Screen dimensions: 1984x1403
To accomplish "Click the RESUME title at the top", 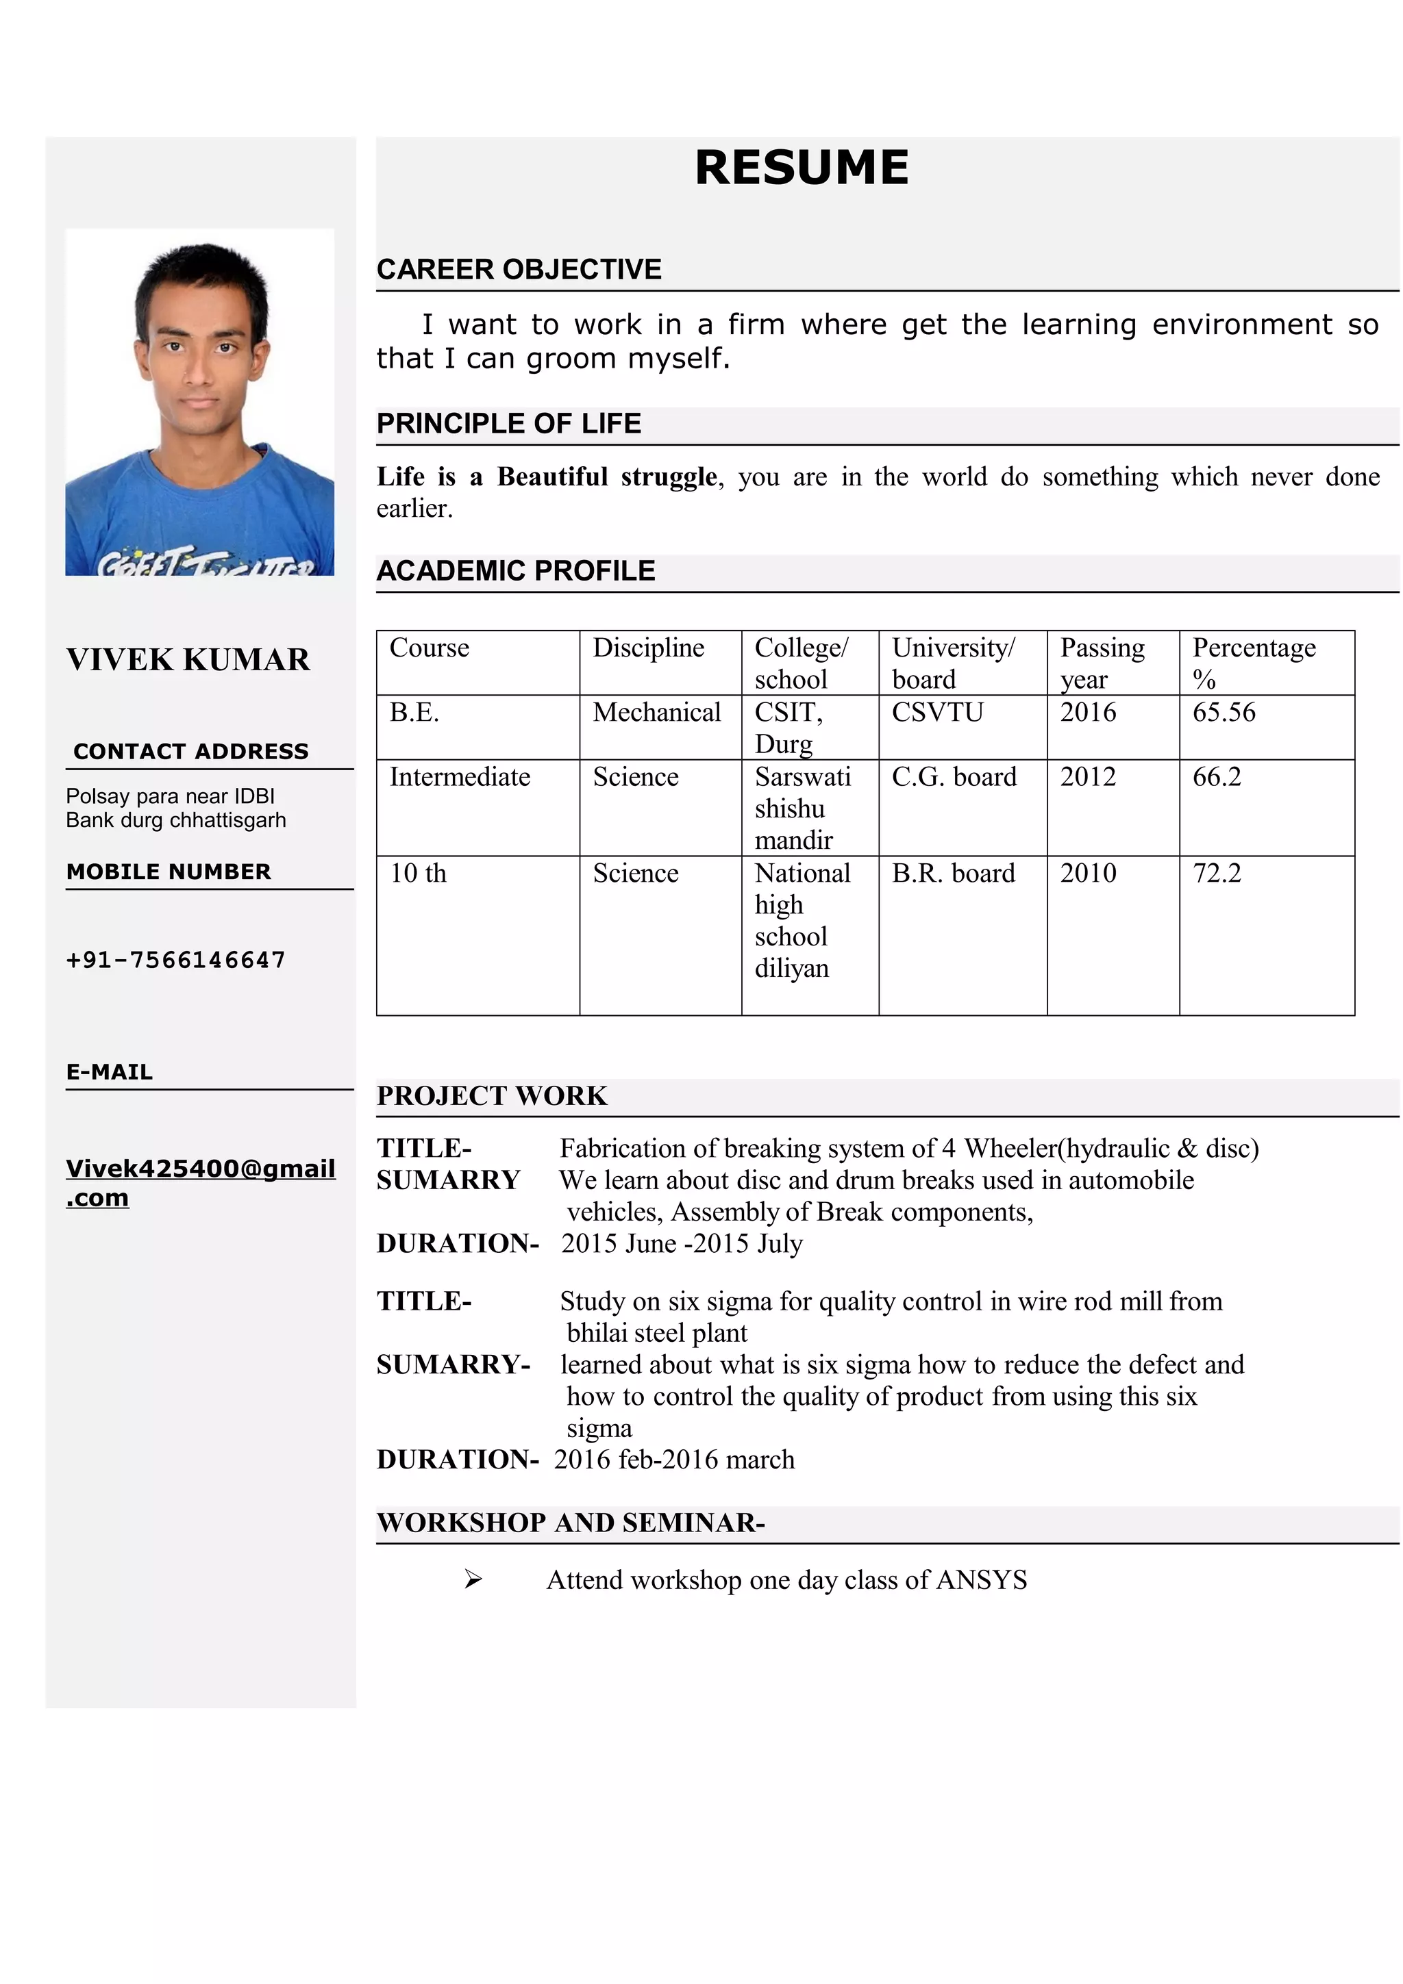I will (802, 168).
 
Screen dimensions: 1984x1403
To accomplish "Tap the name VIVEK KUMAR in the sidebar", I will (188, 659).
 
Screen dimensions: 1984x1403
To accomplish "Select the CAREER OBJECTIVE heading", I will (519, 270).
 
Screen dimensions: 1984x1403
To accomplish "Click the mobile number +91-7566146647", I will (175, 960).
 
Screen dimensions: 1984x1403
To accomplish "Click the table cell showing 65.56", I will (1224, 713).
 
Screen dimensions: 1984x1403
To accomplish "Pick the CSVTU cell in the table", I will (937, 713).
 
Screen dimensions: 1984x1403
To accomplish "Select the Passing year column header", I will (1102, 663).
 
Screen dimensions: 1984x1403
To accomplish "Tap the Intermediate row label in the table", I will (459, 777).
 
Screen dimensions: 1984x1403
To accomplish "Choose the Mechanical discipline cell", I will (656, 713).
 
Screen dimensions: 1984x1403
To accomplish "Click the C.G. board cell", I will (954, 777).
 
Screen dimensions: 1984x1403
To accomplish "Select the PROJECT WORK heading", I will (492, 1095).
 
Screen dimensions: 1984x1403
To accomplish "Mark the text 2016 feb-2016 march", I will (673, 1460).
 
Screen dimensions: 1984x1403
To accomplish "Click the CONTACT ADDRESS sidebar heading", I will (190, 752).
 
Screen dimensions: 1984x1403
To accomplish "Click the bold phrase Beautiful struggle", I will (607, 477).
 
